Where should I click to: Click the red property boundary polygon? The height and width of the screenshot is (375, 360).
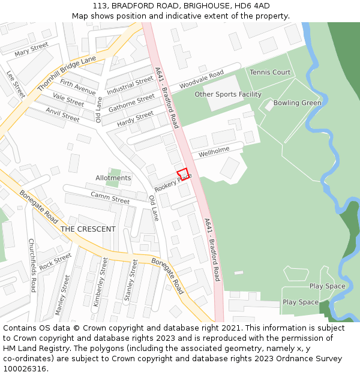pos(183,174)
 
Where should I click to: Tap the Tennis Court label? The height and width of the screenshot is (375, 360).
pos(270,73)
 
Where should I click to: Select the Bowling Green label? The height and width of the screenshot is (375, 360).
pos(297,103)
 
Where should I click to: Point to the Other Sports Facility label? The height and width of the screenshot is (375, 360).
pos(228,94)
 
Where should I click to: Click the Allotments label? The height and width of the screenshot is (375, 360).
pos(113,178)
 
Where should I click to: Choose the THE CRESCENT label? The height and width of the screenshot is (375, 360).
pos(88,229)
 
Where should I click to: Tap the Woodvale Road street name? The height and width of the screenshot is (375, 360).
pos(201,77)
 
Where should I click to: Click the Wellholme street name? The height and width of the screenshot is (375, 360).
pos(214,150)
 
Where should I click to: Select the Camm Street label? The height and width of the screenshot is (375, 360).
pos(110,198)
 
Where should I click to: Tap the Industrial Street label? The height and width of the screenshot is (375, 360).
pos(130,85)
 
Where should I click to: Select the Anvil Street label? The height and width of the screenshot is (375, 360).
pos(62,114)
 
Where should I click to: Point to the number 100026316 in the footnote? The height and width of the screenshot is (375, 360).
pos(24,369)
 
